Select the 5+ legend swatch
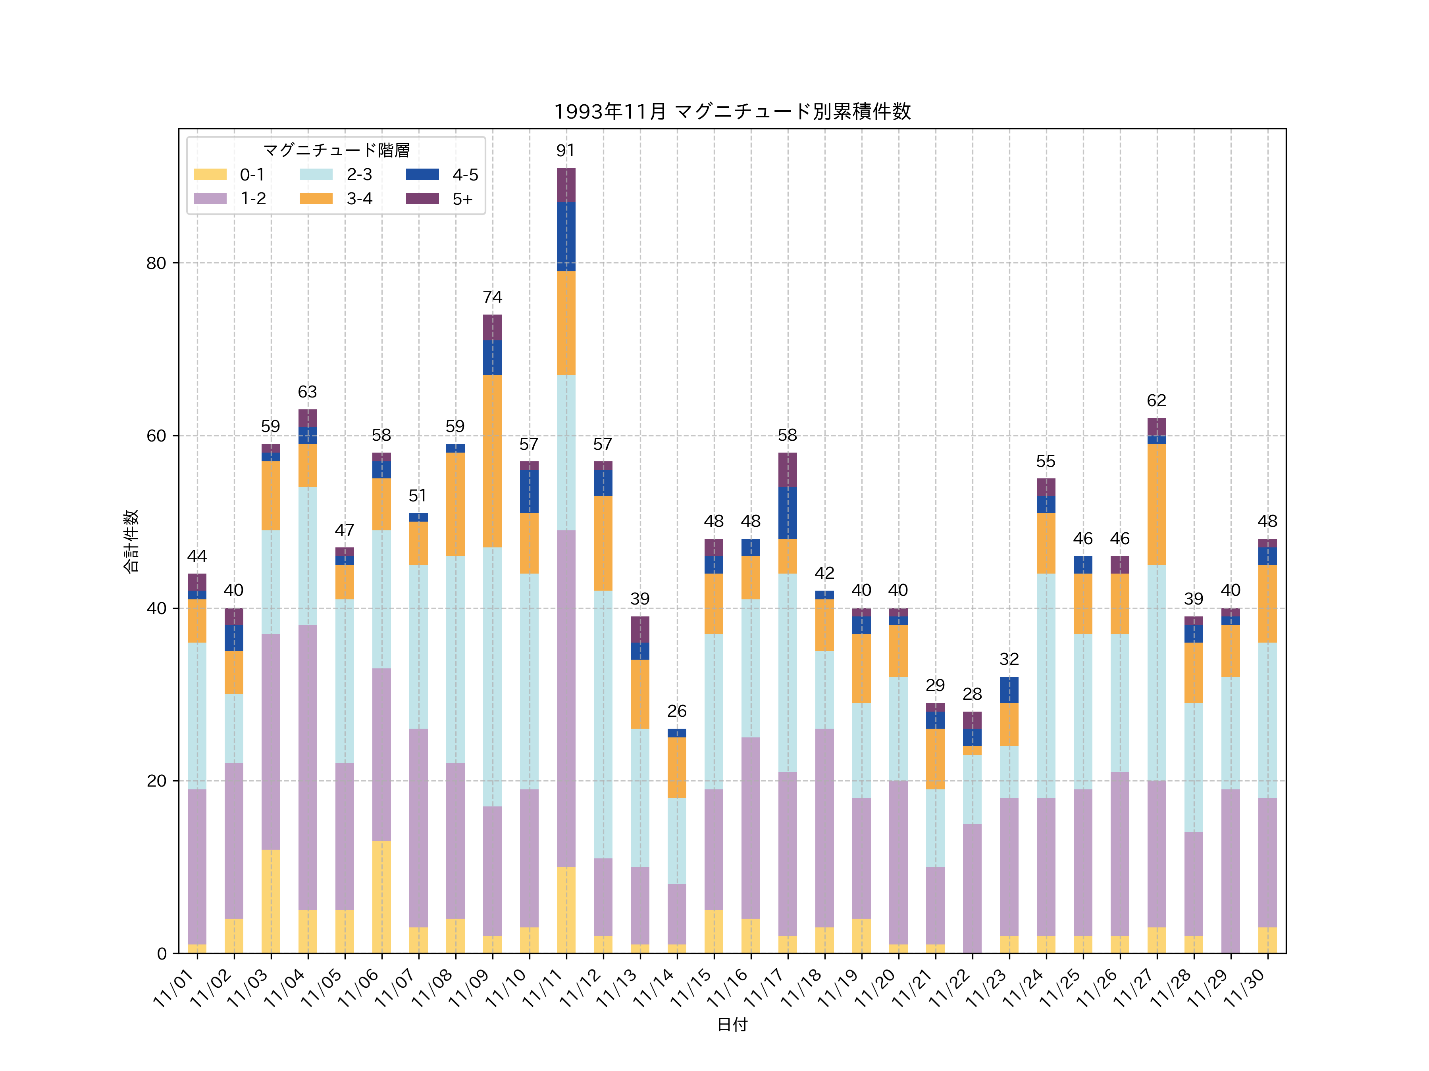(422, 199)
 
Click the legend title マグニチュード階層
(336, 150)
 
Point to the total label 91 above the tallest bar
(566, 150)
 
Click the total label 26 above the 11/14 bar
(676, 711)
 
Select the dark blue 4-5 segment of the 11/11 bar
(566, 236)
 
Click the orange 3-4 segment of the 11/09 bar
(492, 461)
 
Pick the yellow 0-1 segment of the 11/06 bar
(381, 897)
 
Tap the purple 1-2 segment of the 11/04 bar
(308, 767)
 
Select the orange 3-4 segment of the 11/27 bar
(1156, 504)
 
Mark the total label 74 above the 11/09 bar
(492, 297)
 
